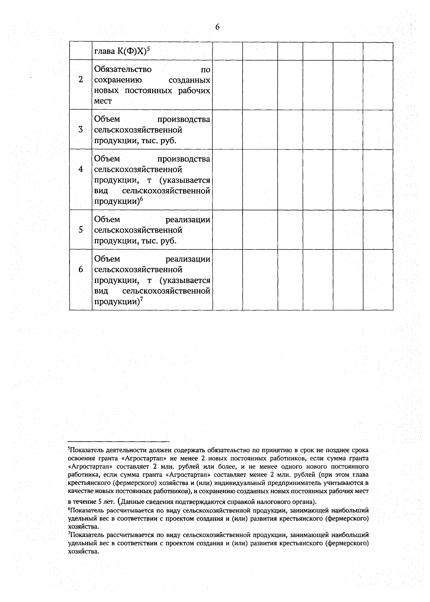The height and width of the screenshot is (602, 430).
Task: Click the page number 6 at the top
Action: pos(217,27)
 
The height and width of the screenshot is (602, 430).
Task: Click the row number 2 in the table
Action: pos(81,80)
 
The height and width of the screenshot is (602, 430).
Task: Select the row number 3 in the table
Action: pos(81,129)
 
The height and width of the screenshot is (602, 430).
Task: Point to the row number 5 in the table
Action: pos(81,230)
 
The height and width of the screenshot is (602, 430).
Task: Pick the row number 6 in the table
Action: pos(81,269)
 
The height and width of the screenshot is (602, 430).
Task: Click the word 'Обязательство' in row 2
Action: pos(123,69)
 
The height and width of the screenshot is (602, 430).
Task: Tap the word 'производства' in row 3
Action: pos(183,119)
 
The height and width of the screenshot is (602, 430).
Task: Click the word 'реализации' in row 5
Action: pos(188,220)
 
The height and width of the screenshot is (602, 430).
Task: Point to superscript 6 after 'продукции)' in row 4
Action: pos(141,199)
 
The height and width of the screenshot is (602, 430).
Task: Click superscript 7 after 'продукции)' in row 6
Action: pos(141,300)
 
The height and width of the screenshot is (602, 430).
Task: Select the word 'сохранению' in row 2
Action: pos(118,80)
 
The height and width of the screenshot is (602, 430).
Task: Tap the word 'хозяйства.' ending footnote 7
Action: pos(83,551)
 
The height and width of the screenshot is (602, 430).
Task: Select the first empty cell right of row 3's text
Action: pos(227,129)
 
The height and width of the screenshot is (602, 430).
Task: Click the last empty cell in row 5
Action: pos(378,230)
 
